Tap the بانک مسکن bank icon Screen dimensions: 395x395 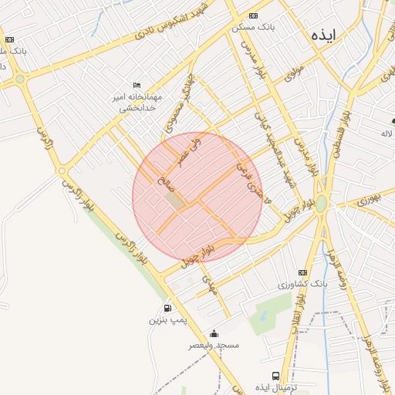point(254,16)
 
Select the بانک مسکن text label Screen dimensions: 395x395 point(253,28)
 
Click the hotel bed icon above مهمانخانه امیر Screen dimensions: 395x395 point(137,85)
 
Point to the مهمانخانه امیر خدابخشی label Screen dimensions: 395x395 point(137,103)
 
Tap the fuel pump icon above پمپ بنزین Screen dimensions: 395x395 point(167,308)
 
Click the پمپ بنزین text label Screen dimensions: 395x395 point(167,319)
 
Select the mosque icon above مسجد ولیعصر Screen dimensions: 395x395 point(214,333)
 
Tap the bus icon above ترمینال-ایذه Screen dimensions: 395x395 point(275,376)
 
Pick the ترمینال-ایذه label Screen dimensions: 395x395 point(276,387)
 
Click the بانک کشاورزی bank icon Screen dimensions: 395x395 point(302,273)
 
